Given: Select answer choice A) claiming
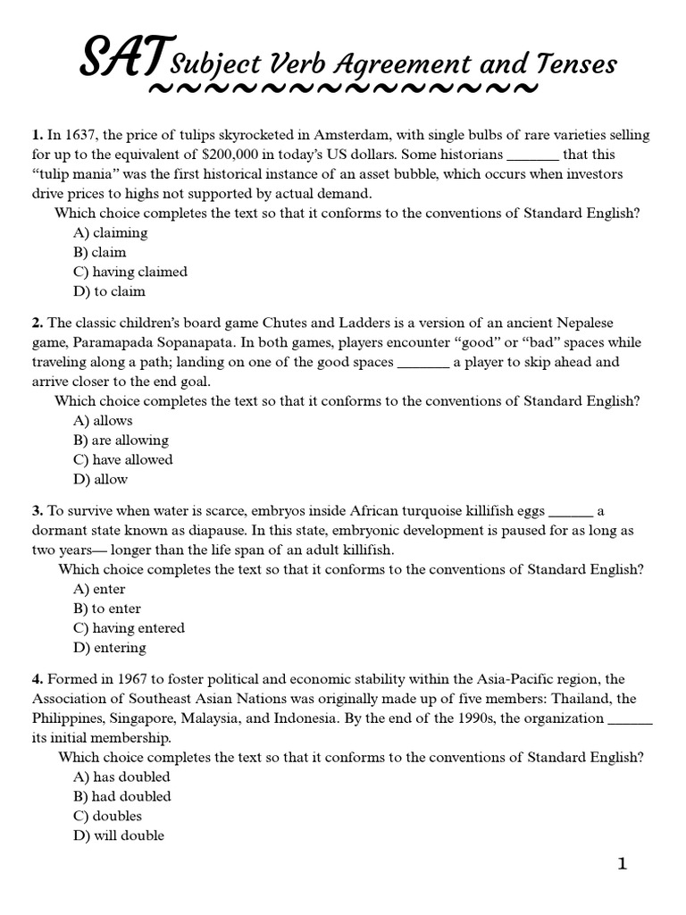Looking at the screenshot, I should tap(110, 232).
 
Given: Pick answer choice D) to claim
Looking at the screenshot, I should tap(108, 291).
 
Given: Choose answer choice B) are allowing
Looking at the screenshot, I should tap(121, 440).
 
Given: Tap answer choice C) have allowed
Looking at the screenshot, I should tap(122, 459).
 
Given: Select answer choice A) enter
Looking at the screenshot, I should tap(99, 589).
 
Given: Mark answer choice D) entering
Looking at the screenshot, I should tap(109, 648).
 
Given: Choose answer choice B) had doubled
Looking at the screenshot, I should tap(121, 796).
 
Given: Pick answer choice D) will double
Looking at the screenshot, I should tap(118, 835).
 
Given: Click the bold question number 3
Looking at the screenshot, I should tap(38, 510).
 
